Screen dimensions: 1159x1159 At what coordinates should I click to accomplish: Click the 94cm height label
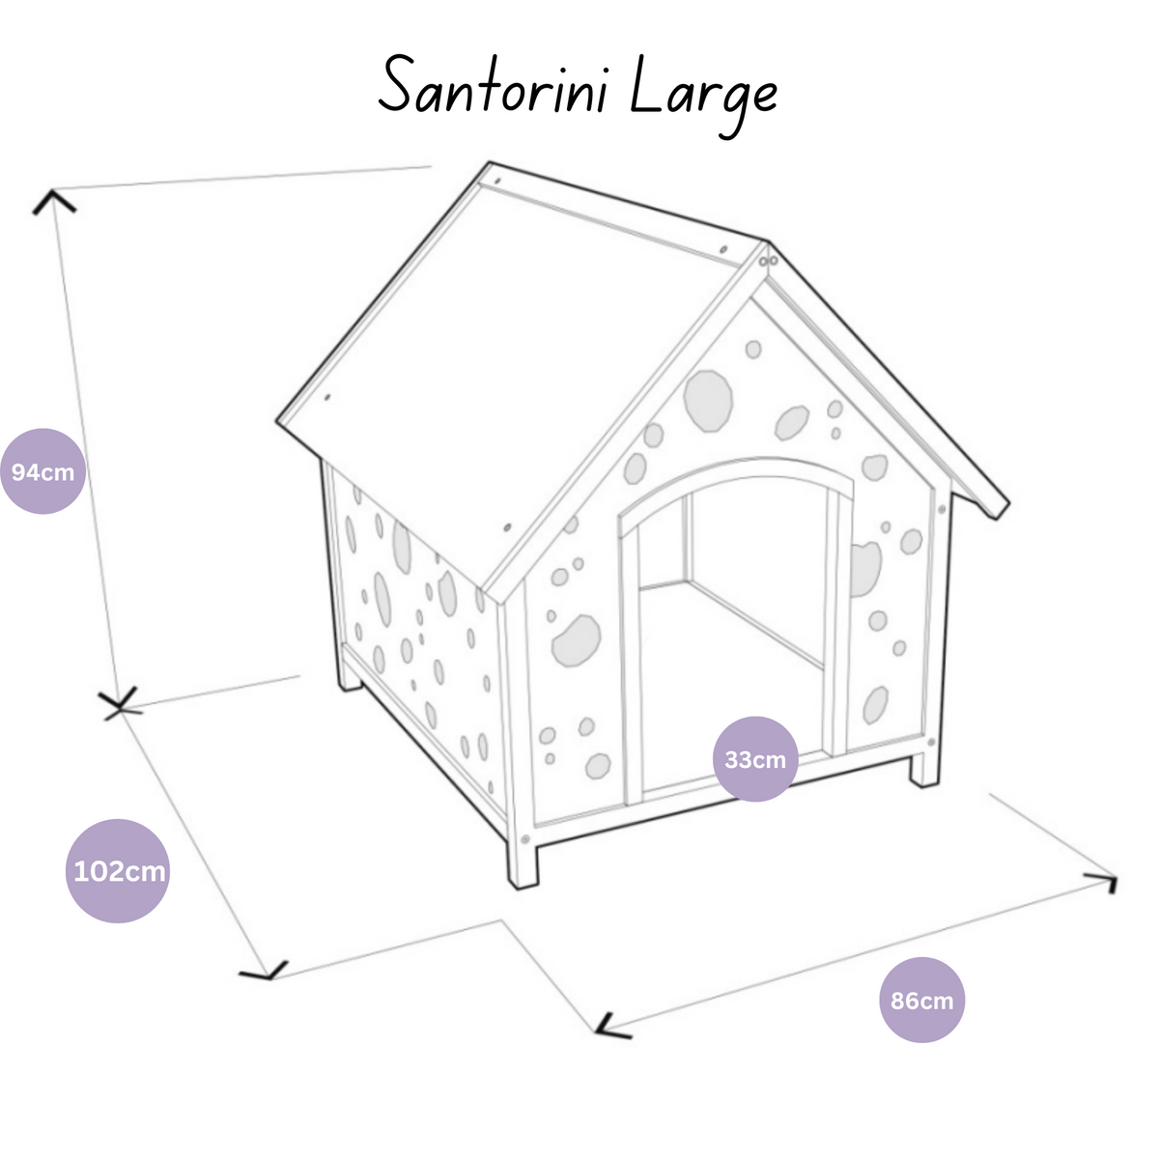point(42,472)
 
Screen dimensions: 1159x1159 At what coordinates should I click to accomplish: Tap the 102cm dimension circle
point(118,871)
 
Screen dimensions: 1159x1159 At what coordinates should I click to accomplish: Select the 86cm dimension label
point(922,1001)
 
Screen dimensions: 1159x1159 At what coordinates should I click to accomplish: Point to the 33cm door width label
point(755,759)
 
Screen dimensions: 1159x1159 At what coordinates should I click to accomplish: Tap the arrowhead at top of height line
point(53,202)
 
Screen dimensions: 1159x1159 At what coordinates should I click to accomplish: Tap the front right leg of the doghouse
point(924,769)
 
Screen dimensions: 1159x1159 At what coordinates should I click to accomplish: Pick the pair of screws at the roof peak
point(768,262)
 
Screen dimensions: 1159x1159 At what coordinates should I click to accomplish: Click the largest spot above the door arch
point(708,401)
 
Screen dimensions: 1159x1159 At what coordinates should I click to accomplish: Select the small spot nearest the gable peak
point(753,349)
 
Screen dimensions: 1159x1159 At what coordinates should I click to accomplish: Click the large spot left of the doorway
point(576,641)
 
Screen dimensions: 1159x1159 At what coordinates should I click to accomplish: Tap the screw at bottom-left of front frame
point(525,839)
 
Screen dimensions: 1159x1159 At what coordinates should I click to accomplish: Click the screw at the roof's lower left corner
point(327,397)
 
